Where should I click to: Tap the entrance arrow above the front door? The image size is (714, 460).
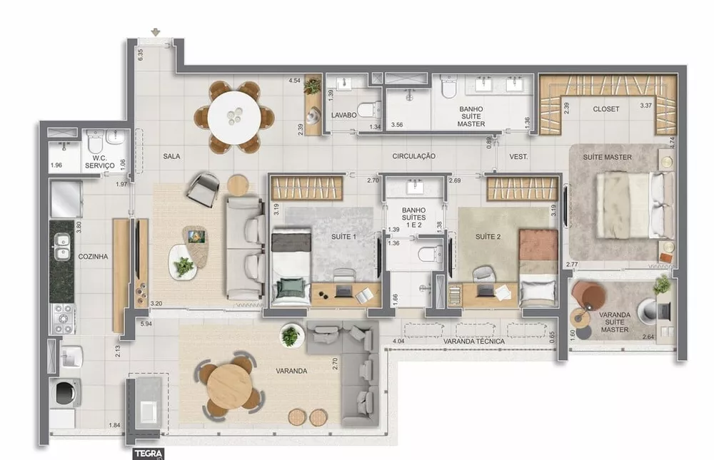coord(156,32)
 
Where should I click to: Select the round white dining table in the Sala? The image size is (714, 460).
coord(236,116)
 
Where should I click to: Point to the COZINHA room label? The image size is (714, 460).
coord(94,256)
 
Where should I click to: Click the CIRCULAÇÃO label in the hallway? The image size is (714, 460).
coord(413,155)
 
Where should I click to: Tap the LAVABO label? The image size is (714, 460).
coord(343,115)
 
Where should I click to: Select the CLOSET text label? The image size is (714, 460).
coord(605,109)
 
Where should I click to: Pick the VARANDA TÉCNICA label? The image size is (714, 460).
coord(473,342)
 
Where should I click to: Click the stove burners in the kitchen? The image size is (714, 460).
coord(62,318)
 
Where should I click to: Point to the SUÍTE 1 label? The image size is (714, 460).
coord(344,235)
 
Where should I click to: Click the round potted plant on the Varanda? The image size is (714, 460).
coord(290,334)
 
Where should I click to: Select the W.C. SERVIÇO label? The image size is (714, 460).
coord(99,162)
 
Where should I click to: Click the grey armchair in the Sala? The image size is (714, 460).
coord(203,188)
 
